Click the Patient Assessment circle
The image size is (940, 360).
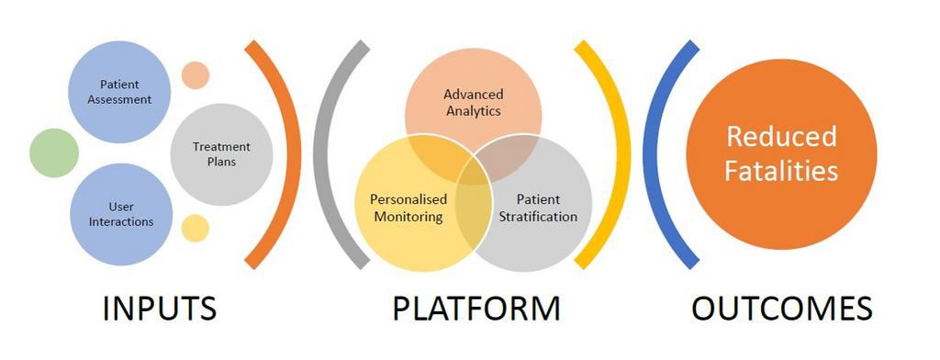point(119,92)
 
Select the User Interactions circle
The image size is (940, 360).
point(119,213)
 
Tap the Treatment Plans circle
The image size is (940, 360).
point(221,153)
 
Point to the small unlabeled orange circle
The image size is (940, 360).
point(196,74)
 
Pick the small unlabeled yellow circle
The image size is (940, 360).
point(196,228)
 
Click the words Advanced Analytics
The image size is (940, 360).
point(473,102)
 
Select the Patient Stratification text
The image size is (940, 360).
point(538,208)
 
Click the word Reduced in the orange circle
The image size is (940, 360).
point(781,137)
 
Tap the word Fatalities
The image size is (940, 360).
point(781,170)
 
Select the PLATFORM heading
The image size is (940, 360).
point(476,309)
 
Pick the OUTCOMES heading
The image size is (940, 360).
point(781,309)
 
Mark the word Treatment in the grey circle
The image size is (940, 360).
point(221,146)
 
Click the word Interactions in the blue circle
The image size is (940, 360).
point(121,221)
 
